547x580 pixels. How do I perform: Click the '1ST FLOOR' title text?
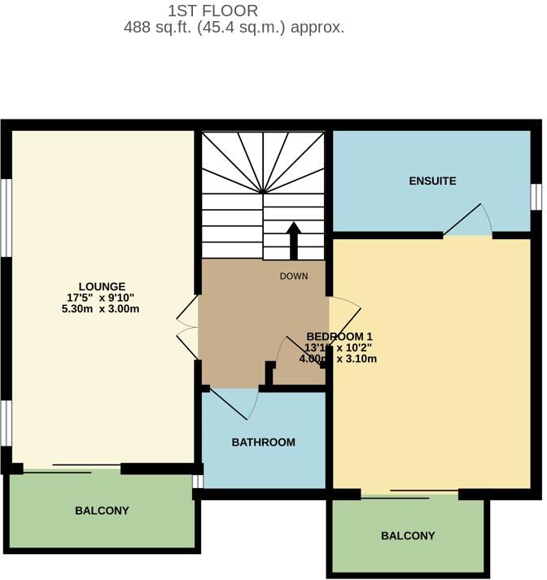click(x=212, y=11)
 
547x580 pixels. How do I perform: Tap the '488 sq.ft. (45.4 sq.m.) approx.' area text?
click(x=234, y=27)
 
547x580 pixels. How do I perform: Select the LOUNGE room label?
click(x=102, y=286)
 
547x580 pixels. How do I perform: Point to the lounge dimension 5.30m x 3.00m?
click(x=102, y=308)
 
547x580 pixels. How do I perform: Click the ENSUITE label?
click(x=432, y=181)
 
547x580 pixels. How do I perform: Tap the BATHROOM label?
click(x=263, y=443)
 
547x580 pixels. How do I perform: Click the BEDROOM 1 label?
click(x=339, y=337)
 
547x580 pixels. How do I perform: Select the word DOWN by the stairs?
click(x=294, y=277)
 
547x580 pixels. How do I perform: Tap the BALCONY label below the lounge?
click(x=102, y=511)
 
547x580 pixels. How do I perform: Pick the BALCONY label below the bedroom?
click(x=408, y=536)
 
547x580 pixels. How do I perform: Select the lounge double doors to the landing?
click(x=187, y=327)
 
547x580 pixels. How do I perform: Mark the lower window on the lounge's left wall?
click(x=5, y=423)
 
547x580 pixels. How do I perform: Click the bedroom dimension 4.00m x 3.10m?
click(x=341, y=359)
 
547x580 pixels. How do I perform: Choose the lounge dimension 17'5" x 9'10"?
click(x=102, y=298)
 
